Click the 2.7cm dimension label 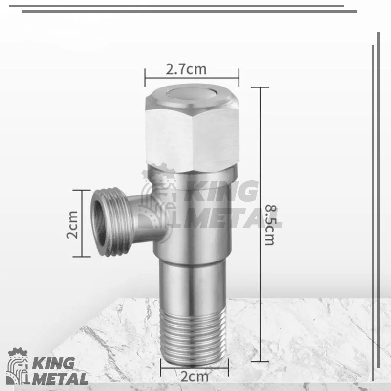coord(186,69)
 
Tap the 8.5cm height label coord(271,225)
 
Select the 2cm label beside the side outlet coord(72,224)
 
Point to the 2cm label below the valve coord(195,376)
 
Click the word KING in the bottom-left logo coord(53,363)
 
